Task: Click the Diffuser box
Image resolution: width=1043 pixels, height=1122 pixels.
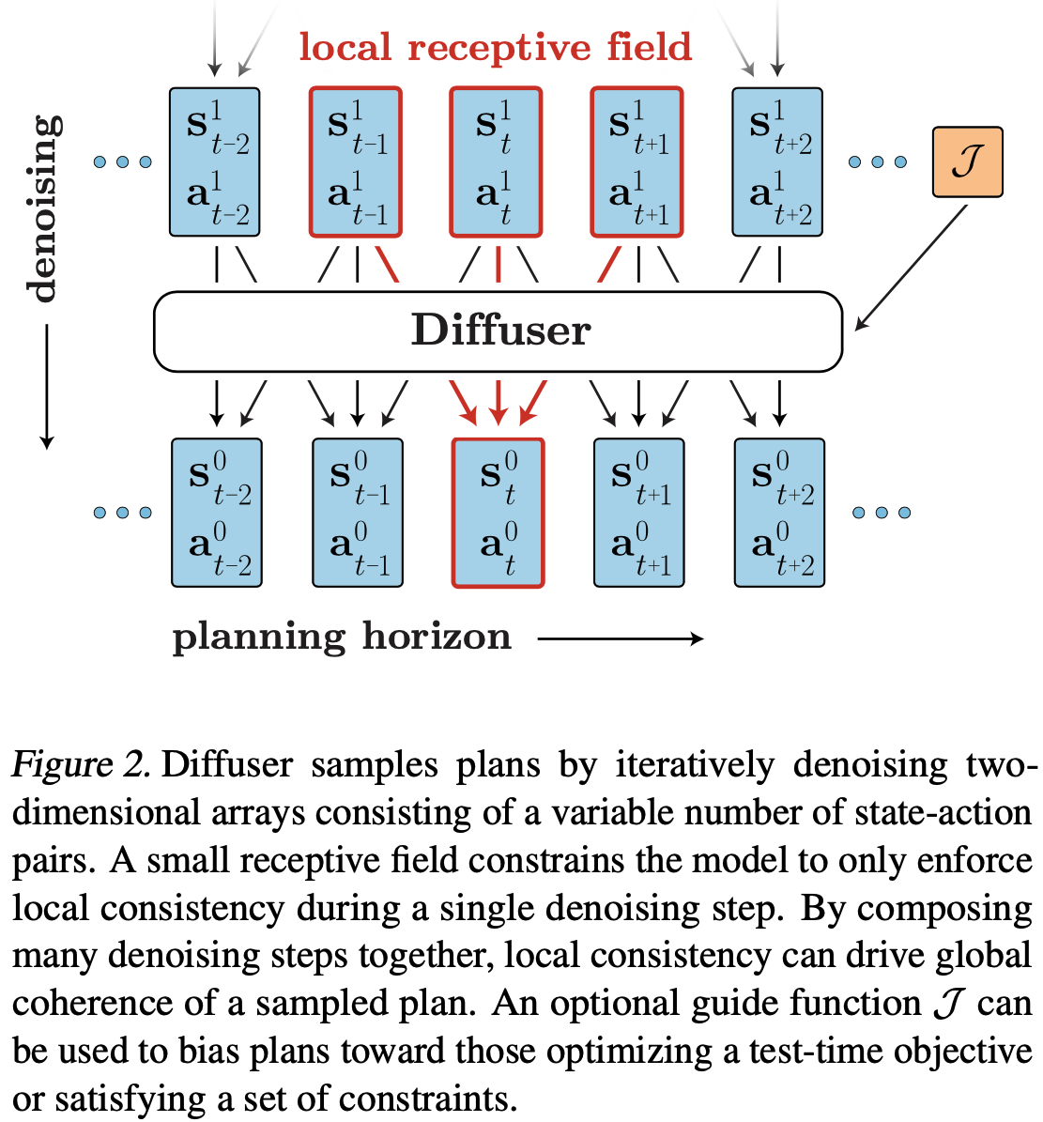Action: (x=498, y=330)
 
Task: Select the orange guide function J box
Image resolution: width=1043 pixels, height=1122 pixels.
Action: (x=967, y=162)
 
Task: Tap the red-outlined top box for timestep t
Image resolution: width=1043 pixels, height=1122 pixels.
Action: (x=496, y=161)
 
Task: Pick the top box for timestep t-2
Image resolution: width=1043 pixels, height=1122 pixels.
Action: (x=214, y=161)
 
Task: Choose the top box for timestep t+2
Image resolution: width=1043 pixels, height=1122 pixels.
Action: (x=777, y=161)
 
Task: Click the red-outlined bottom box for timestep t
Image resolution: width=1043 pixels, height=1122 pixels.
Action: (x=498, y=513)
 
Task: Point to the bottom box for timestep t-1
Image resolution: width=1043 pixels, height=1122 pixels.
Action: (x=358, y=513)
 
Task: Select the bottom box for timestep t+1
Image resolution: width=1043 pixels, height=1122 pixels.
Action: (x=639, y=513)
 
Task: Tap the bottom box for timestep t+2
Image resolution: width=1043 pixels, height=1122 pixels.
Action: (x=779, y=513)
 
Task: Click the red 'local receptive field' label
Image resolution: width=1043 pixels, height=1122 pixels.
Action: (x=495, y=47)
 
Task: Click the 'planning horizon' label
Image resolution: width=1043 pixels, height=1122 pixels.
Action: (x=342, y=638)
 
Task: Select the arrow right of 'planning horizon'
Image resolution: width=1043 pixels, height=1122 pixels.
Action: (x=621, y=639)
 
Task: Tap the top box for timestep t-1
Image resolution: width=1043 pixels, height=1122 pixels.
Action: (x=355, y=161)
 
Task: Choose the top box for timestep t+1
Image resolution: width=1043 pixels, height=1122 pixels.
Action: (x=637, y=161)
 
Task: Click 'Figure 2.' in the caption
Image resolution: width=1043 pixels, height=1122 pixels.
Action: (x=80, y=765)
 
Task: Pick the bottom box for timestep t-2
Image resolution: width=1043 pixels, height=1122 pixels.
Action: (x=217, y=513)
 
